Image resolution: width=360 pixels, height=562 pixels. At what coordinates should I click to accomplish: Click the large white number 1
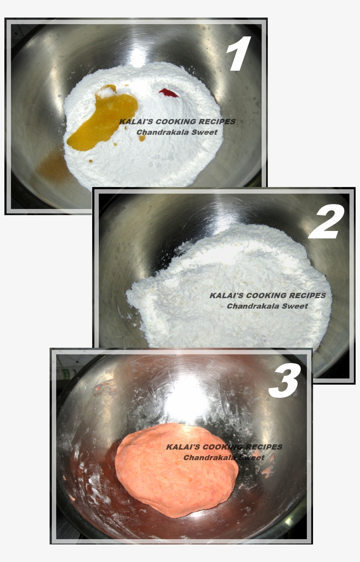tap(239, 54)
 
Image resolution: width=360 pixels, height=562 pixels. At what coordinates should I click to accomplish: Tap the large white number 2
tap(327, 222)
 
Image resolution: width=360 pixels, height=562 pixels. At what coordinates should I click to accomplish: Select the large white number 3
tap(284, 382)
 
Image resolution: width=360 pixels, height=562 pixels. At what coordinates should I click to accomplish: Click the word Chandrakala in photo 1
tap(162, 132)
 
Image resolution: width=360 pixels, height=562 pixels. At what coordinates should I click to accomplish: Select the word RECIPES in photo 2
tap(307, 295)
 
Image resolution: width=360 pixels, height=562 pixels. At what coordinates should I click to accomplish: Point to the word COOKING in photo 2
tap(266, 295)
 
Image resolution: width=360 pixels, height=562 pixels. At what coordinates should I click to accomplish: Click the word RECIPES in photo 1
tap(217, 122)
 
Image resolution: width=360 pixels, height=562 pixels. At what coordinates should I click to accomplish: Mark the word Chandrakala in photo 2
tap(252, 306)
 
